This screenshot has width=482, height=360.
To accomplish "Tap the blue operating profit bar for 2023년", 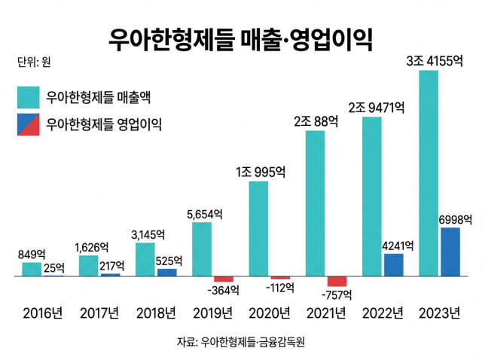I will (x=450, y=252).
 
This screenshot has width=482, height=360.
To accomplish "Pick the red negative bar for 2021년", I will (x=336, y=281).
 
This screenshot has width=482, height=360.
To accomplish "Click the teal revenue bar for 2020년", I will (x=258, y=229).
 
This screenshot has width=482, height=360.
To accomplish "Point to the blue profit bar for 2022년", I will (x=393, y=265).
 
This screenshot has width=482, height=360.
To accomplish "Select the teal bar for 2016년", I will (x=32, y=270).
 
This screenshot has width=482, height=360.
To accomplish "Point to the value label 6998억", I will (x=455, y=219).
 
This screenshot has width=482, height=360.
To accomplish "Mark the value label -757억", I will (x=335, y=294).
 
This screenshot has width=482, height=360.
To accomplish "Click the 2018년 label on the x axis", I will (x=155, y=313).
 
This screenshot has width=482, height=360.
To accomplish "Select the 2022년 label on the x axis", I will (x=382, y=313).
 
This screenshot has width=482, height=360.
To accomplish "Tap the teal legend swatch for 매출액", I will (x=29, y=97).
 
